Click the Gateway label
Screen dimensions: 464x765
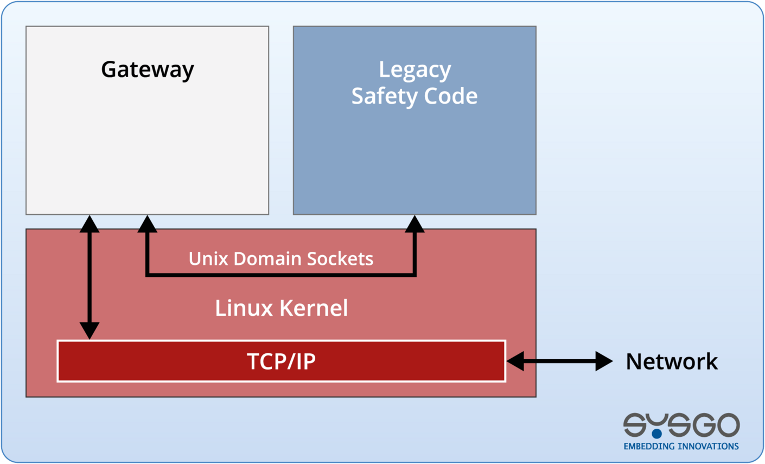[x=147, y=69]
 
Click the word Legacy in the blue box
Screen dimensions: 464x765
[x=415, y=69]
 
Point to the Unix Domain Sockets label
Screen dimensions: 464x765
[x=280, y=258]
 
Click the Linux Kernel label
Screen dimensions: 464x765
[x=281, y=308]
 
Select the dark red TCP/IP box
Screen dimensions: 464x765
[x=281, y=361]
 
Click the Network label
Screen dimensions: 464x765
[x=671, y=361]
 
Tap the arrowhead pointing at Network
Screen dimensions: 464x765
[x=603, y=361]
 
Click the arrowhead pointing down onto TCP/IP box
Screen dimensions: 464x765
[x=90, y=330]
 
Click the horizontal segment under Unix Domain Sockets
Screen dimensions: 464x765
[x=280, y=275]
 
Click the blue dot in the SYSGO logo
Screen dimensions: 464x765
[x=657, y=434]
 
